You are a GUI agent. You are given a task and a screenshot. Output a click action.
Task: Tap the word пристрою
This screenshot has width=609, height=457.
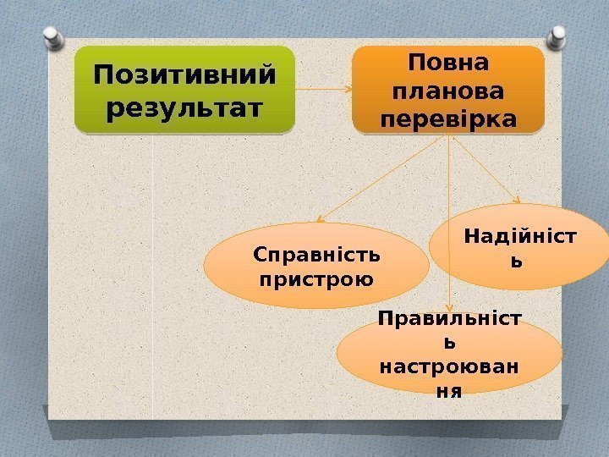coord(316,278)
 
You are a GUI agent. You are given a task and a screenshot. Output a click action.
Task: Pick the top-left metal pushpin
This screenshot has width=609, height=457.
coord(51,35)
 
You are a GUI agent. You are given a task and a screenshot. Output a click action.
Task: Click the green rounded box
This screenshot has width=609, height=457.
coord(184,91)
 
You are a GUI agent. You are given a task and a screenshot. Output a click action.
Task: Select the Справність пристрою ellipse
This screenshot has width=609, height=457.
coord(316,266)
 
